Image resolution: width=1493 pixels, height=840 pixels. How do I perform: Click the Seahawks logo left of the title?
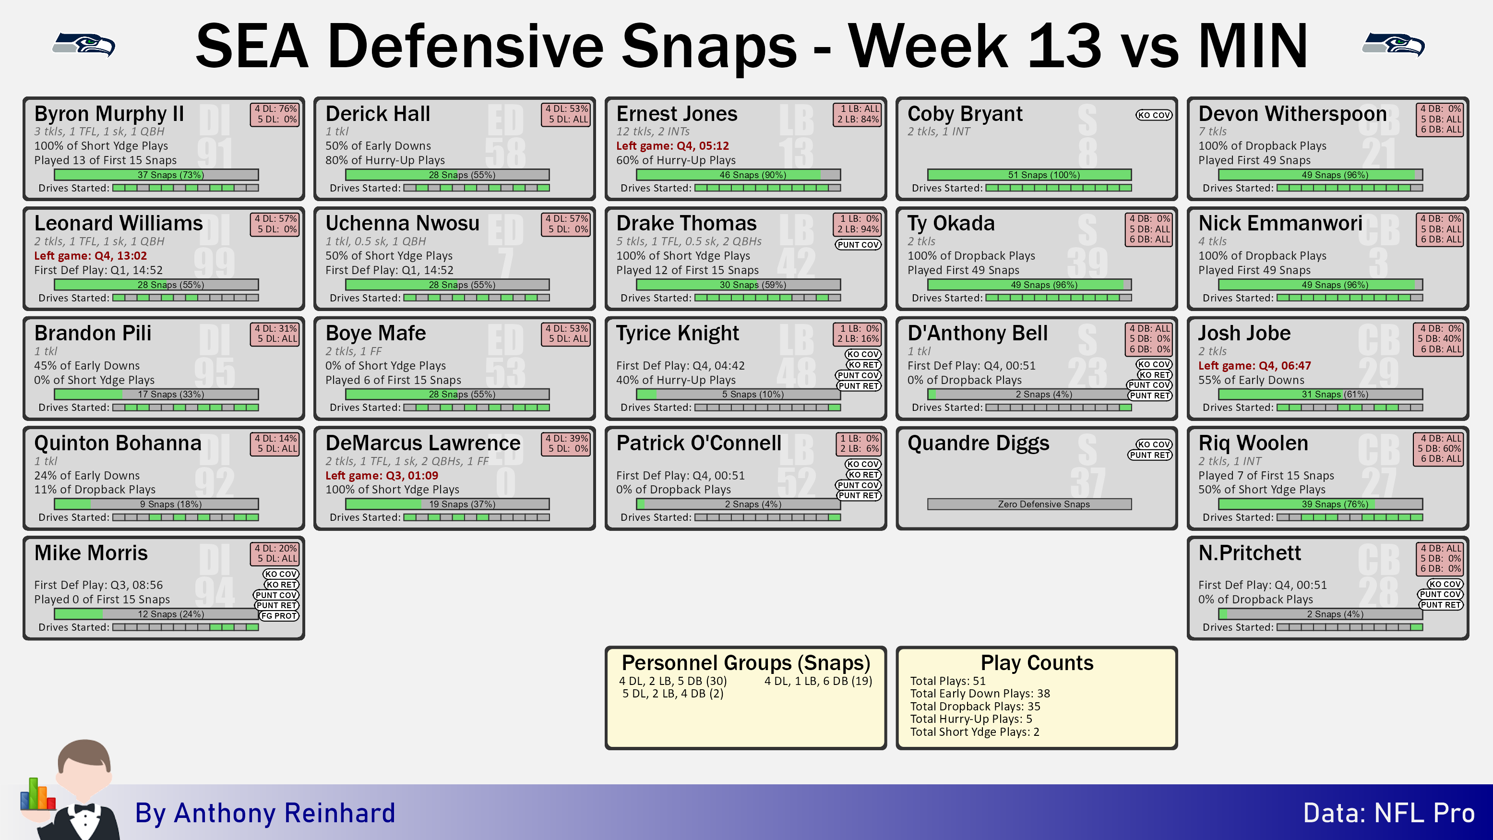pos(84,45)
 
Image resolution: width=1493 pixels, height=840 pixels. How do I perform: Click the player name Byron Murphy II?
pos(109,114)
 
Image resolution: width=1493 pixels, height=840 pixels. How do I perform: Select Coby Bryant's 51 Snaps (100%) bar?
pos(1029,175)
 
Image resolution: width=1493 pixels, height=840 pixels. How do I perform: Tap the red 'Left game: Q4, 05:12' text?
pos(672,145)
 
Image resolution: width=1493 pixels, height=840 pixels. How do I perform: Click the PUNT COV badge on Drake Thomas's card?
pos(858,245)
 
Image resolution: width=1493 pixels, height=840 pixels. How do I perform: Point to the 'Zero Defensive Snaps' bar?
pos(1029,504)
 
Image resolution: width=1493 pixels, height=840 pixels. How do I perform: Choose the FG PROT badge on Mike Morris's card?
pos(279,616)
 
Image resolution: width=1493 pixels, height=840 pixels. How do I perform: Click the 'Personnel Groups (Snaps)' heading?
pos(746,662)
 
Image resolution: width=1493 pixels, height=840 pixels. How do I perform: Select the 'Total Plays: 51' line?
pos(948,681)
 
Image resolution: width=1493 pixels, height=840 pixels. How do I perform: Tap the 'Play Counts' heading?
pos(1037,662)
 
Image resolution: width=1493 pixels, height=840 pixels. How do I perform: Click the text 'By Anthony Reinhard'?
pos(265,813)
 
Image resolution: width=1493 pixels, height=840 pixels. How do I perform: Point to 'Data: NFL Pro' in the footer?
pos(1389,813)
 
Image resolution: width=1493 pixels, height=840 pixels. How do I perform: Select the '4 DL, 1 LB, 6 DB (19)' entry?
pos(818,681)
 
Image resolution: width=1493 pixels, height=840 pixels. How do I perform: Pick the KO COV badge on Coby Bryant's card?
pos(1153,115)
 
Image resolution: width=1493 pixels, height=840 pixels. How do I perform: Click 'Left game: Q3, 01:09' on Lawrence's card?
pos(382,475)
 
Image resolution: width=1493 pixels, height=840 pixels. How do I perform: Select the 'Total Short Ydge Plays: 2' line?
pos(974,732)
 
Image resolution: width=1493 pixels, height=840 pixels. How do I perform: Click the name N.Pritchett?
pos(1250,553)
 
